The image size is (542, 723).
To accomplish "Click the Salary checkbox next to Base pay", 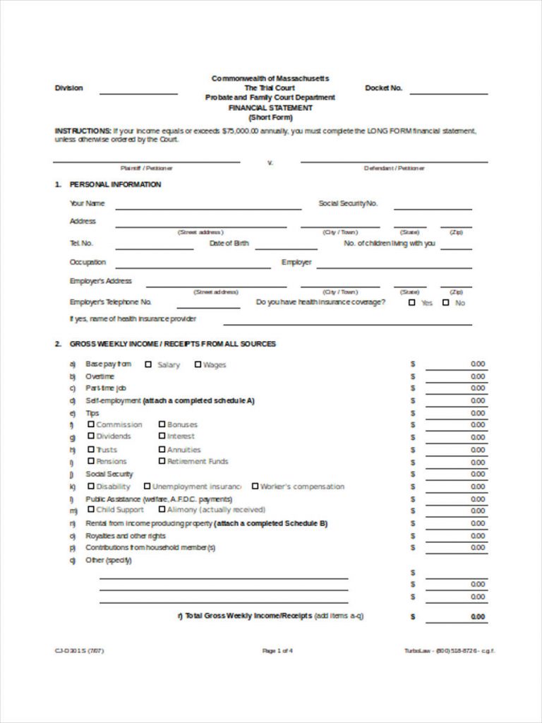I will tap(148, 364).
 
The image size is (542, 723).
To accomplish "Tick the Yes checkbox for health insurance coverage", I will tap(412, 302).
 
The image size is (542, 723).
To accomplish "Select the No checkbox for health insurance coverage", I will tap(445, 302).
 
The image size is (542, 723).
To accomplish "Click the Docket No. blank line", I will tap(448, 92).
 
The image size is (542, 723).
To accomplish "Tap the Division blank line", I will tap(138, 92).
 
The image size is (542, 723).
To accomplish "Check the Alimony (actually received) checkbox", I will tap(162, 508).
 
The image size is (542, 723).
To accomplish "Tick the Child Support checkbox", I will tap(91, 508).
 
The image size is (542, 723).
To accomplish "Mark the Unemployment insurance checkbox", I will tap(147, 486).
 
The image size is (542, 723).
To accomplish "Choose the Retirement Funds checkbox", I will tap(162, 460).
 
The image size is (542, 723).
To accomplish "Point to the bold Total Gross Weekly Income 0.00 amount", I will tap(477, 616).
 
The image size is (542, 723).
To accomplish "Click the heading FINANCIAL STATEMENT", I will tap(270, 108).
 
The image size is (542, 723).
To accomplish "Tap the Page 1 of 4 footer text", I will tap(277, 650).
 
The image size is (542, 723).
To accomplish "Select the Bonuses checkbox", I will tap(162, 424).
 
